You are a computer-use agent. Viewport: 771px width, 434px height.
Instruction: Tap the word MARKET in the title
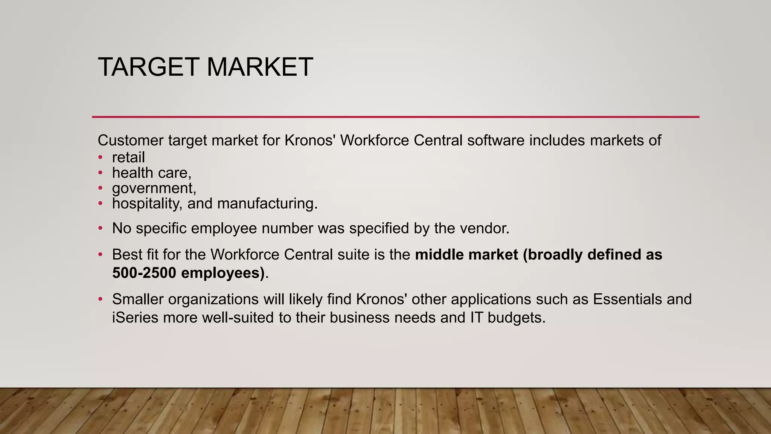coord(260,67)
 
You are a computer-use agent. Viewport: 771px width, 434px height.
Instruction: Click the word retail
coord(128,157)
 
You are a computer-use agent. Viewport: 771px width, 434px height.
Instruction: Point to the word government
coord(152,188)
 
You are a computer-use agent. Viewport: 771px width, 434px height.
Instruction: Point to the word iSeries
coord(135,318)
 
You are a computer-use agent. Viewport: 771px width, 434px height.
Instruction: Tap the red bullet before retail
coord(100,157)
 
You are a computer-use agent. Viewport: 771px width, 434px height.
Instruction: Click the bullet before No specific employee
coord(100,228)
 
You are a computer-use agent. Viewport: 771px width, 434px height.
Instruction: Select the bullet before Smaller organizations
coord(100,299)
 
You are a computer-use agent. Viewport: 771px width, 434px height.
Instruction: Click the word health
coord(133,173)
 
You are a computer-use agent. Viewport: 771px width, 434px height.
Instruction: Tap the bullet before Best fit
coord(100,255)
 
